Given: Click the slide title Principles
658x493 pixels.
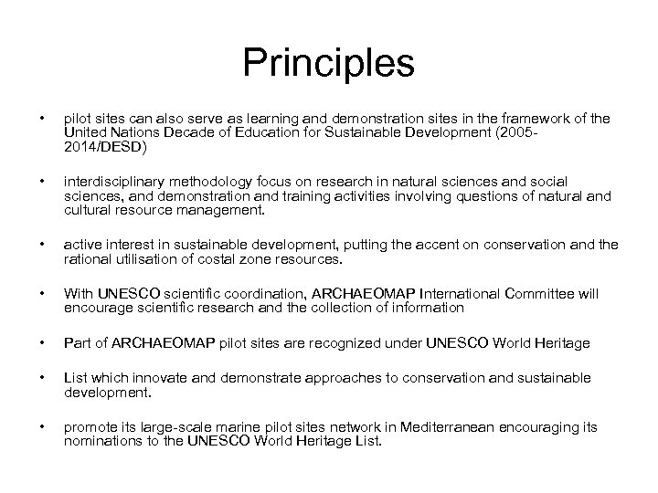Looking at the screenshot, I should [329, 65].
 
